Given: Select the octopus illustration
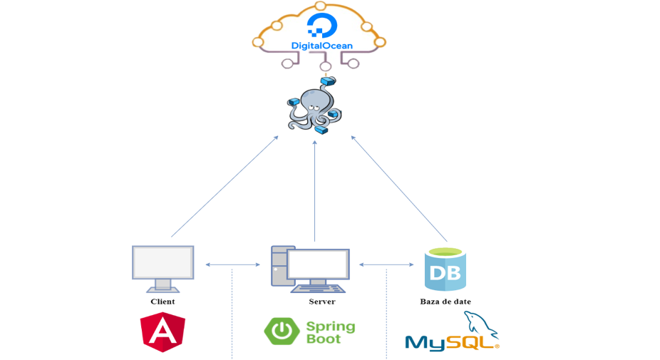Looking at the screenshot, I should pyautogui.click(x=314, y=109).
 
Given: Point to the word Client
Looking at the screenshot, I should pyautogui.click(x=163, y=302).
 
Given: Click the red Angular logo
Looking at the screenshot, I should pyautogui.click(x=163, y=332).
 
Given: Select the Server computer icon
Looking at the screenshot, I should pyautogui.click(x=310, y=269).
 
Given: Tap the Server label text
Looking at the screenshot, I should pyautogui.click(x=322, y=302).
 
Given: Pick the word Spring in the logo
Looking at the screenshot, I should pyautogui.click(x=331, y=326).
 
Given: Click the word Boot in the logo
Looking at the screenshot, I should pyautogui.click(x=324, y=339).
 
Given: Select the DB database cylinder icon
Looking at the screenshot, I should pyautogui.click(x=445, y=269).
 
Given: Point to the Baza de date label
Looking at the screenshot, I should pyautogui.click(x=445, y=302).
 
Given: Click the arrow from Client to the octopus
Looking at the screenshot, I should pyautogui.click(x=225, y=187).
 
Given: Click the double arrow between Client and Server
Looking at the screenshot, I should pyautogui.click(x=232, y=265).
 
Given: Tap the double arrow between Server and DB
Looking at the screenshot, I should pyautogui.click(x=386, y=265).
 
